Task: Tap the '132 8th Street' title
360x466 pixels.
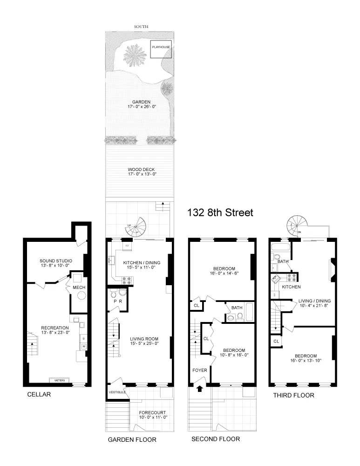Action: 220,213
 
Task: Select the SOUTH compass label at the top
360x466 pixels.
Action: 141,27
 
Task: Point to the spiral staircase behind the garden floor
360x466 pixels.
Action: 136,228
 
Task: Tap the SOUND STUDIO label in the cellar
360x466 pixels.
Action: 56,260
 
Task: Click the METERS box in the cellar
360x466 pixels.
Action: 60,381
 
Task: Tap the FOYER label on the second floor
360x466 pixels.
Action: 199,370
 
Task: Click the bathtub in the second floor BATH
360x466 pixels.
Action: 247,309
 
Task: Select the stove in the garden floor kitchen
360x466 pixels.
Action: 127,280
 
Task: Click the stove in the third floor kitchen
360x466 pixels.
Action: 292,278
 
